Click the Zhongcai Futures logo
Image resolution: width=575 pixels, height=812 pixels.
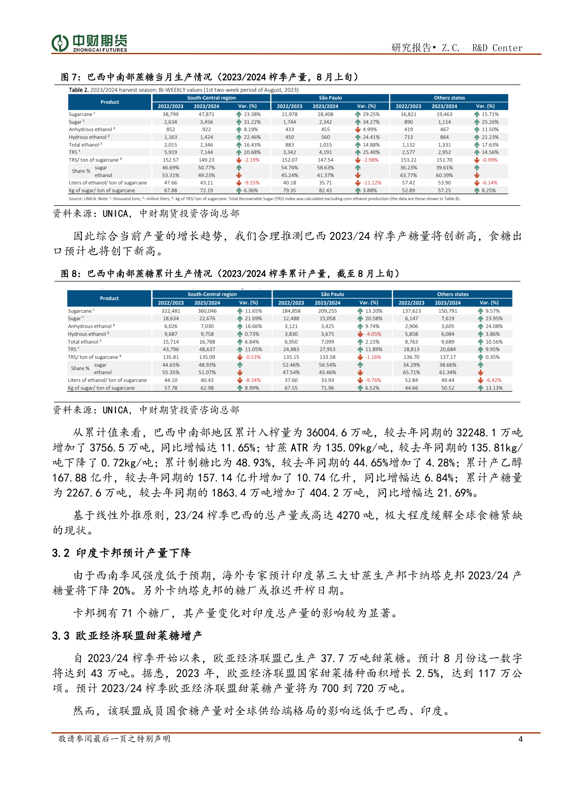point(89,43)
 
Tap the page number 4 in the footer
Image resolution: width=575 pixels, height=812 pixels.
point(520,739)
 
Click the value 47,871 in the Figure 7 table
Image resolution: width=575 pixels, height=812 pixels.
point(206,114)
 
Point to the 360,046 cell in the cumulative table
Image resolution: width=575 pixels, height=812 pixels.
point(207,311)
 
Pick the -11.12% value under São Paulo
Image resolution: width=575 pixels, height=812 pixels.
point(372,183)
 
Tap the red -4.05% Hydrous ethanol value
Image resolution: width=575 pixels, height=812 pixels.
point(372,334)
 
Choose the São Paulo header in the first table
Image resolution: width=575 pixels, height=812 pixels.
point(330,98)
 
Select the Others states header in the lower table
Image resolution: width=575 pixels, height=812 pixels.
point(453,294)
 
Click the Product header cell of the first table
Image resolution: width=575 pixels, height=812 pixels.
point(110,102)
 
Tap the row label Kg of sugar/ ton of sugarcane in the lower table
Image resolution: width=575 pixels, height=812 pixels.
point(101,388)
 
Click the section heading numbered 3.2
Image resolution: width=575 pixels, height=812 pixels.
point(121,553)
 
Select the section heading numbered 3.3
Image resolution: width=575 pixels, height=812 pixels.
point(127,636)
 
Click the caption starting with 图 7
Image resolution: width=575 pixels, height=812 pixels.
point(209,77)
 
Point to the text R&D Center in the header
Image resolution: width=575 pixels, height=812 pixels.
point(497,48)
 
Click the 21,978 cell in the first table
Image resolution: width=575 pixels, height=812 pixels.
point(289,114)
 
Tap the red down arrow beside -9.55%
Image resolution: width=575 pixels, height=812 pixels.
point(239,183)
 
